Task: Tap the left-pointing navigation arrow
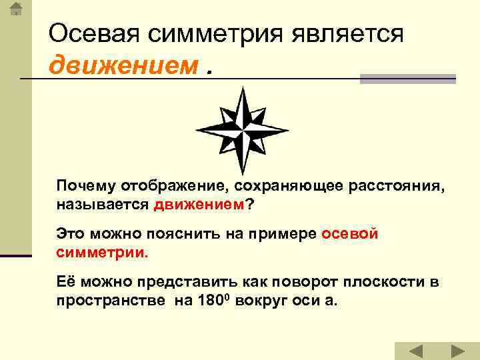415,351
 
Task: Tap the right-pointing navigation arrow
457,351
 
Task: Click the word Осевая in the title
91,33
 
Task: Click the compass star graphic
241,130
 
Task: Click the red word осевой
350,234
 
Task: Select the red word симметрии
101,253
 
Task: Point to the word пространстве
110,300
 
